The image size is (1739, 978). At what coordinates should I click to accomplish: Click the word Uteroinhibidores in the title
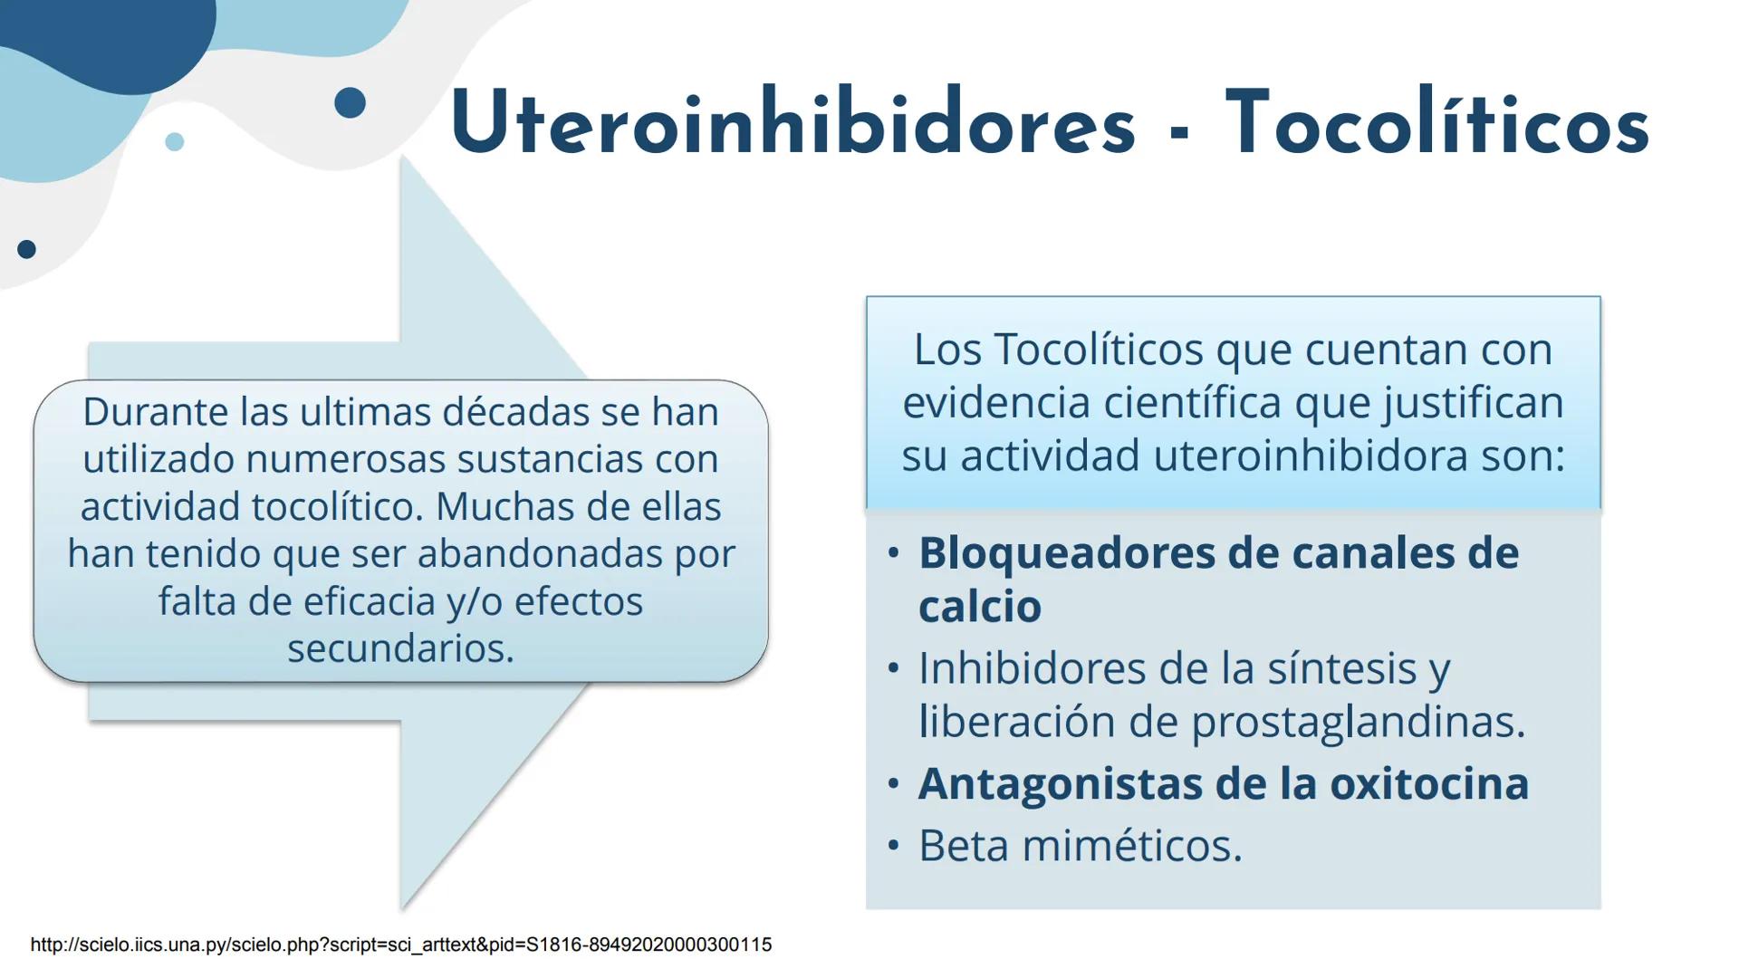click(792, 125)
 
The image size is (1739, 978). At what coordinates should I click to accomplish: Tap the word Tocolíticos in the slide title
click(1437, 125)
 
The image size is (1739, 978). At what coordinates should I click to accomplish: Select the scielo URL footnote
click(400, 944)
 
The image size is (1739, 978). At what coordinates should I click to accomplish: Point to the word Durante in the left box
click(154, 412)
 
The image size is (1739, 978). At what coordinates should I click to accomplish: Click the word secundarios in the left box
click(400, 648)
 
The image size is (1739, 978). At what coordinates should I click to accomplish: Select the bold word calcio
click(979, 607)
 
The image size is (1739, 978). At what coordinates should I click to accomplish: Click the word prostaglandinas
click(1357, 722)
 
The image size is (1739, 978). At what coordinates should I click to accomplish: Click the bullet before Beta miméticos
click(894, 846)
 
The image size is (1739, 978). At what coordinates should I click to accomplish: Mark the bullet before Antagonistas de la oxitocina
click(894, 784)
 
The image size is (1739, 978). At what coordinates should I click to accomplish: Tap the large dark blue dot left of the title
click(350, 102)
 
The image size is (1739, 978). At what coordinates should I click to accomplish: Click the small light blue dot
click(175, 141)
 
